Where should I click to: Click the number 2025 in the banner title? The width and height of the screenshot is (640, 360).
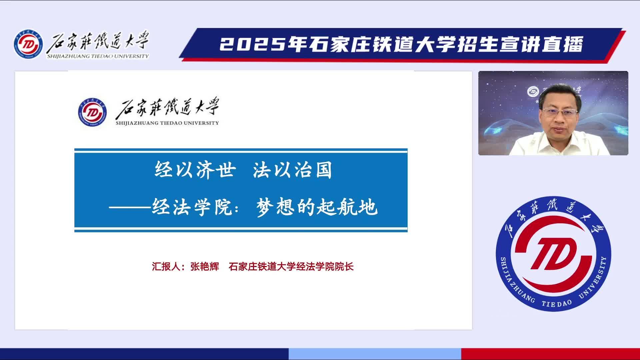click(253, 45)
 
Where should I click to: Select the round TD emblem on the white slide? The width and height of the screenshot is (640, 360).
click(93, 113)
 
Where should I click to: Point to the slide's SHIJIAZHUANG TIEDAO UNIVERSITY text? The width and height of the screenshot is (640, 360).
click(167, 123)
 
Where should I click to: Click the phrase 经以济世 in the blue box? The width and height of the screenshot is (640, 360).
click(195, 170)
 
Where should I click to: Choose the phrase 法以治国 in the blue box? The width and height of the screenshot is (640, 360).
click(292, 170)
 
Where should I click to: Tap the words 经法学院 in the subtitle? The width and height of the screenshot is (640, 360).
click(192, 207)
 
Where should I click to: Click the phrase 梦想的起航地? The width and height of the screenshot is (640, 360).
click(317, 207)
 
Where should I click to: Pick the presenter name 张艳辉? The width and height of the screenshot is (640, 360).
click(205, 267)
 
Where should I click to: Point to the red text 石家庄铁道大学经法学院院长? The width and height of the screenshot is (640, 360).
click(291, 267)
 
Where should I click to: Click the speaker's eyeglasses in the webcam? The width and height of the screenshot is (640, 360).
click(560, 112)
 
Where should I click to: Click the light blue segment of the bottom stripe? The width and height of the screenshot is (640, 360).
click(375, 354)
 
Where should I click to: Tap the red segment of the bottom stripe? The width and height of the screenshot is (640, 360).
click(551, 354)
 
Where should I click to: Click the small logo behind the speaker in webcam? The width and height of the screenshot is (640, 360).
click(533, 92)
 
